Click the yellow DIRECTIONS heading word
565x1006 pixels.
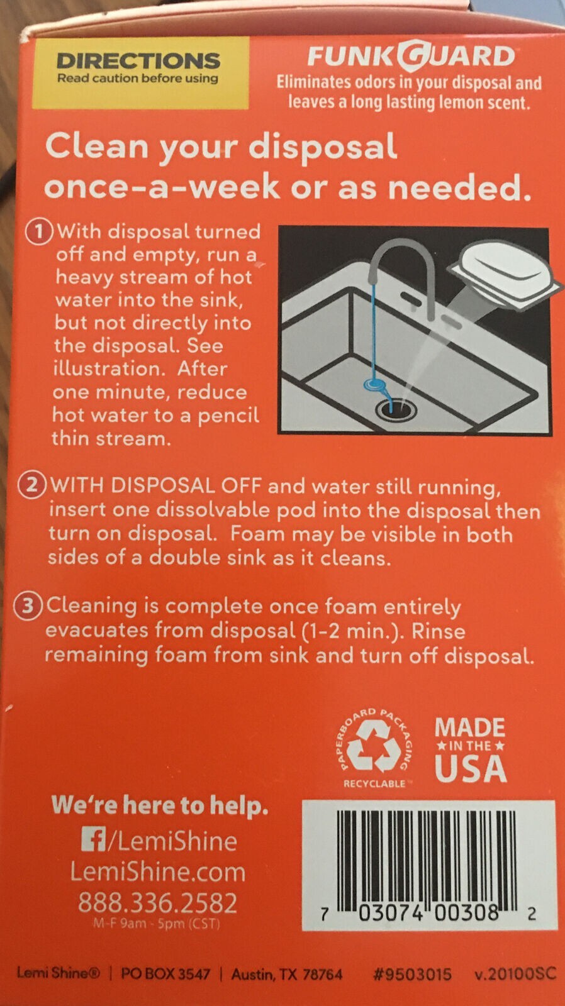(x=138, y=61)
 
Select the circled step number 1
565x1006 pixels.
(x=40, y=232)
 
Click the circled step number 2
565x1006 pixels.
(x=31, y=485)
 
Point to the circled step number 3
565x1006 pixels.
(x=28, y=606)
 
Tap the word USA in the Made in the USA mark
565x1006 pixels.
(x=470, y=768)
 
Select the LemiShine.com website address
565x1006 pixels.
(x=158, y=872)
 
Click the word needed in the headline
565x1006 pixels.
(x=459, y=188)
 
